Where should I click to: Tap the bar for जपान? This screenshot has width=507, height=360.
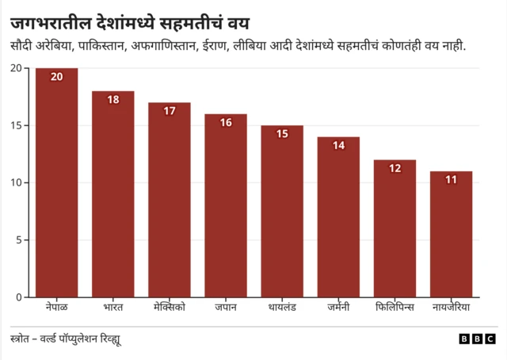[x=226, y=206]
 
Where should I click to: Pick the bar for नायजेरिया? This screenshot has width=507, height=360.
[x=451, y=234]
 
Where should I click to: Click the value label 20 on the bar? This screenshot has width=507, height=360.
[x=56, y=77]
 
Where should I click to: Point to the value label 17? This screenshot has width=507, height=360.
[x=169, y=111]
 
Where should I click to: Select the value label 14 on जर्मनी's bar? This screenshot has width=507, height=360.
[x=338, y=145]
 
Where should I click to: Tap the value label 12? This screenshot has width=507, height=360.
[x=395, y=167]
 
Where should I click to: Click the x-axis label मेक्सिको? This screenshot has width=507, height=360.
[x=169, y=307]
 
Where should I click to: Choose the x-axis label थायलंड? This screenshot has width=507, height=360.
[x=282, y=307]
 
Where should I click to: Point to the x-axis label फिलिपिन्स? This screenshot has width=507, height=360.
[x=395, y=307]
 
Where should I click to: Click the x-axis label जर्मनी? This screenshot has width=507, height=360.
[x=338, y=307]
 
